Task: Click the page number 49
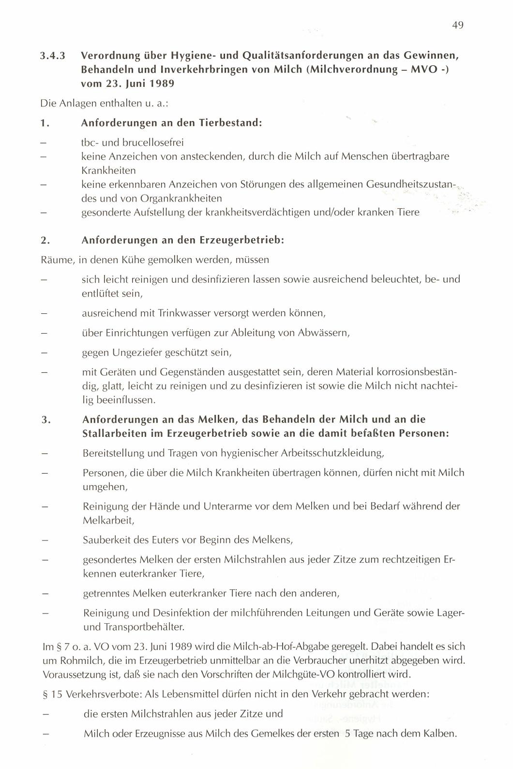tap(458, 25)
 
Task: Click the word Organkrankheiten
tap(181, 198)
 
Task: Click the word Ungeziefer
tap(137, 353)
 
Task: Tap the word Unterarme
tap(229, 506)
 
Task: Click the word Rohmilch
tap(76, 660)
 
